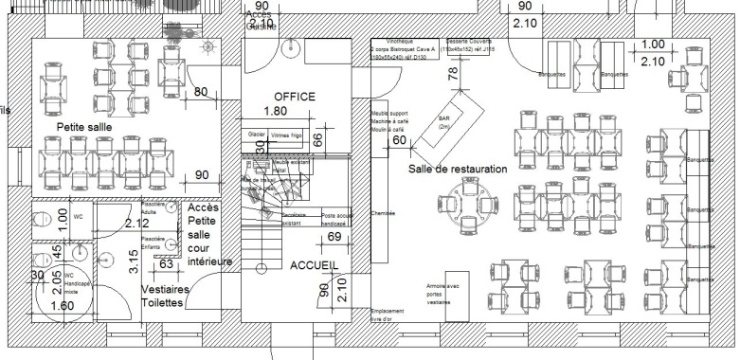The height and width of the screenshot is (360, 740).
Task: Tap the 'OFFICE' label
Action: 294,97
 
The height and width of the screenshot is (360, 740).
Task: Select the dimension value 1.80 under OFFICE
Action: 274,111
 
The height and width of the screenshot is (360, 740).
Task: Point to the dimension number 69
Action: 334,236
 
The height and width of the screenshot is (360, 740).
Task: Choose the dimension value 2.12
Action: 136,224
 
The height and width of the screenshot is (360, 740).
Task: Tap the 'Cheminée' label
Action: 383,214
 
